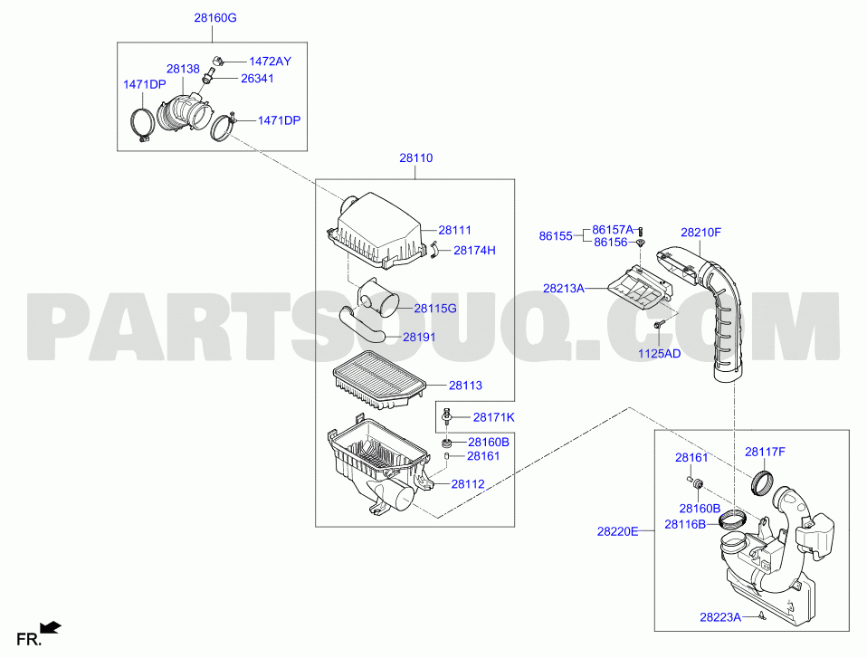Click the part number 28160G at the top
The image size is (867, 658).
coord(215,18)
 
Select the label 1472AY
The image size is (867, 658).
coord(270,62)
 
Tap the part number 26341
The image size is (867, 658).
coord(257,79)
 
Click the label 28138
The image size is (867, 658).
coord(183,69)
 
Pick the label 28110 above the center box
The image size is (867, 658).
coord(415,158)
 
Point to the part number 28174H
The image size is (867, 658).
coord(474,251)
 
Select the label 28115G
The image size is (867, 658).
coord(435,309)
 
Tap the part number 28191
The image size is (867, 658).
coord(419,337)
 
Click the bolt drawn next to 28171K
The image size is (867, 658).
coord(446,415)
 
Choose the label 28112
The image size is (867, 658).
coord(468,484)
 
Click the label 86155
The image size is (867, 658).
coord(556,236)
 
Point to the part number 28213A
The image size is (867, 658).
coord(564,288)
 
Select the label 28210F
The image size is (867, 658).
coord(700,233)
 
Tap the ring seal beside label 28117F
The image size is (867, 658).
coord(764,482)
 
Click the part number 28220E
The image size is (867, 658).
coord(617,531)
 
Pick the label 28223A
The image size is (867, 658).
coord(720,617)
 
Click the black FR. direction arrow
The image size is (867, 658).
coord(52,627)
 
